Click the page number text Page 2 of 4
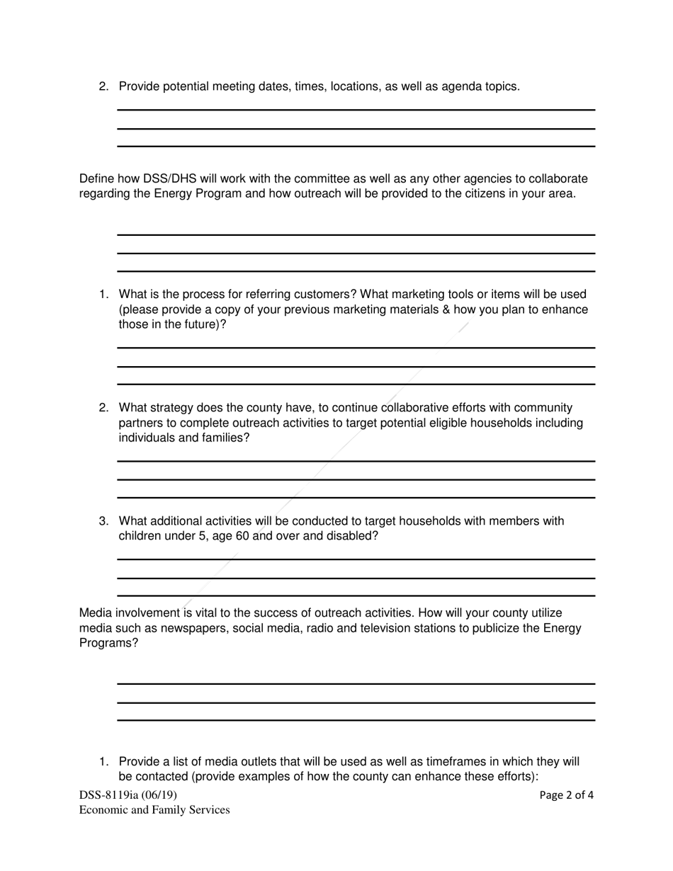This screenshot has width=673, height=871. point(566,795)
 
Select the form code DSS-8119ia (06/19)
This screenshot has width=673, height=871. point(128,795)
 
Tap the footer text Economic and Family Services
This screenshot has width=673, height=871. point(154,810)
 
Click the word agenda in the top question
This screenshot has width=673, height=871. point(461,86)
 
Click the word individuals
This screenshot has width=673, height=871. point(147,438)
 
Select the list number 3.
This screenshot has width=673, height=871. point(103,521)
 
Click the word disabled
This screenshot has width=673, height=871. point(351,536)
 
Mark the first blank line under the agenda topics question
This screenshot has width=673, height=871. point(356,110)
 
